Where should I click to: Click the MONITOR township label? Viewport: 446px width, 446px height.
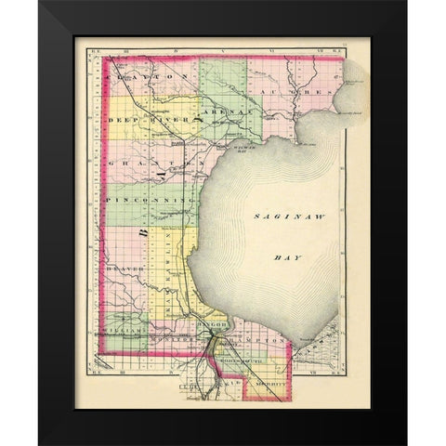tap(177, 340)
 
